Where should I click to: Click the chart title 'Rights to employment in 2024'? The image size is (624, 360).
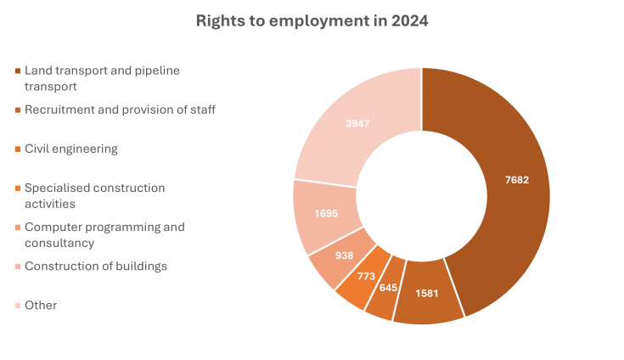tap(312, 20)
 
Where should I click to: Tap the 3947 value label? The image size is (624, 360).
tap(357, 124)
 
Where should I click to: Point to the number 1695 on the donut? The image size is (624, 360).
tap(324, 212)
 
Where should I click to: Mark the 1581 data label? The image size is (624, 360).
tap(426, 293)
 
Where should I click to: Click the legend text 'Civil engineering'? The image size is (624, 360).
tap(70, 149)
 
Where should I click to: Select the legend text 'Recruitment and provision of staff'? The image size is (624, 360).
tap(120, 110)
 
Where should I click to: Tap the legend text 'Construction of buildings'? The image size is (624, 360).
tap(96, 266)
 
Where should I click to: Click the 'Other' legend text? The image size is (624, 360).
tap(41, 305)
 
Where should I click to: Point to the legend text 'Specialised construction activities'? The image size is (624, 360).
tap(94, 195)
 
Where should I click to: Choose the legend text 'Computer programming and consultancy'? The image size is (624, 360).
tap(104, 234)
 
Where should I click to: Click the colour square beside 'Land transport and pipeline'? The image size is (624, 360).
tap(18, 70)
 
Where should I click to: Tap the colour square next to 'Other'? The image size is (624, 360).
tap(18, 306)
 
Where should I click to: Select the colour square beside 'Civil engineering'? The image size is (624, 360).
tap(18, 149)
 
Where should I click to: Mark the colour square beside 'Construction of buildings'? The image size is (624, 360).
tap(18, 267)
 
